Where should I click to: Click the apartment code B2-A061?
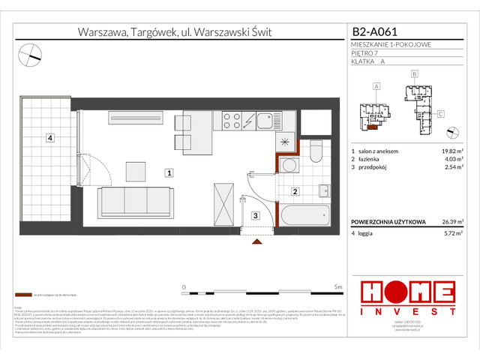[374, 32]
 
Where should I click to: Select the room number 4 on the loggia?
[49, 137]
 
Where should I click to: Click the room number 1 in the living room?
[169, 172]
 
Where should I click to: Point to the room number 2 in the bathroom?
[295, 193]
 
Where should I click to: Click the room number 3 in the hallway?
[255, 216]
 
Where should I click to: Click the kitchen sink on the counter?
[265, 121]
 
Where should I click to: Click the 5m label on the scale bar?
[338, 286]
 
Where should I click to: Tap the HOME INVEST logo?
[407, 296]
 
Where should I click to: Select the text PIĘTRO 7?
[366, 54]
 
